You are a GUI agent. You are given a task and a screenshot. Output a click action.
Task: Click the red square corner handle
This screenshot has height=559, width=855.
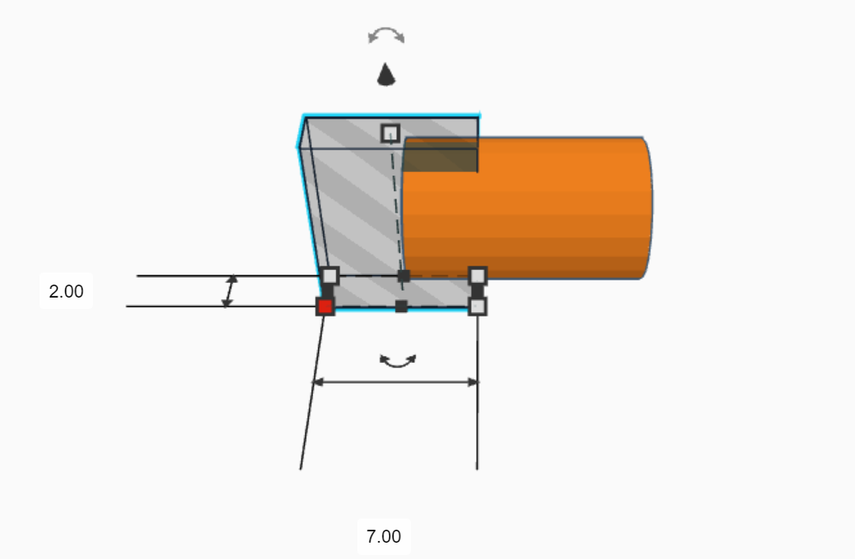(x=325, y=306)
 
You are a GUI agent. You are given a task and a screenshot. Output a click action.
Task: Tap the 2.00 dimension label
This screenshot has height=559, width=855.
(x=66, y=292)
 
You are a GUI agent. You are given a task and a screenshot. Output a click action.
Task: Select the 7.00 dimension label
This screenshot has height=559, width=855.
(x=383, y=537)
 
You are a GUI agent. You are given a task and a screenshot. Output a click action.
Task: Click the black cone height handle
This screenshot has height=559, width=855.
(x=387, y=76)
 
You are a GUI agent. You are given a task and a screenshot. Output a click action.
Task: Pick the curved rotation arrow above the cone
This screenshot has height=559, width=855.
(x=386, y=35)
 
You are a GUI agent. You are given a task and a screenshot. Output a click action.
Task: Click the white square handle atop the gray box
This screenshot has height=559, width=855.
(x=390, y=132)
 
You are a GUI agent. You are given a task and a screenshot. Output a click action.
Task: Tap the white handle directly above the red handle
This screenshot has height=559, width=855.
(x=330, y=276)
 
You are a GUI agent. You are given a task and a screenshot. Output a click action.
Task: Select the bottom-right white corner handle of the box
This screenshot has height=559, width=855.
(x=478, y=306)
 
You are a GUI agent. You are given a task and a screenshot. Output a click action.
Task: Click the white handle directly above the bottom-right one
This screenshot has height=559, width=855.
(x=478, y=275)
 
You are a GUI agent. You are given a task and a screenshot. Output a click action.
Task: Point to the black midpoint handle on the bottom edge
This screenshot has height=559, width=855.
(x=401, y=306)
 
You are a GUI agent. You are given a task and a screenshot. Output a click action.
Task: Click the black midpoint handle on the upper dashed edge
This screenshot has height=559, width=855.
(x=404, y=276)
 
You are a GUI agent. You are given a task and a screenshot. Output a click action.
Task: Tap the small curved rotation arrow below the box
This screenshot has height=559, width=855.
(x=398, y=362)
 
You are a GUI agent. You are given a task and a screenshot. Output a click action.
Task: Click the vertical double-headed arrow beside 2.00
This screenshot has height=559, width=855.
(x=229, y=292)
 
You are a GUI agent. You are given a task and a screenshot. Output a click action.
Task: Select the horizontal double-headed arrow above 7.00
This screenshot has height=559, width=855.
(x=394, y=382)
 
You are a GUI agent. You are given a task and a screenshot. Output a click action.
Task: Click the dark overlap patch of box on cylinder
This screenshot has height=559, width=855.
(x=440, y=155)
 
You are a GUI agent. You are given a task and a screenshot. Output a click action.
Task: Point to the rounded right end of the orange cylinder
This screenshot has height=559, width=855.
(x=647, y=206)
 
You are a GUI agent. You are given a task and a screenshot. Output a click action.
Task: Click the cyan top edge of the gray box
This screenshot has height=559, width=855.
(x=392, y=115)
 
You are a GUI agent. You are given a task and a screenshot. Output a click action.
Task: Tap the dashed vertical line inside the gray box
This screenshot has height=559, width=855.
(x=396, y=206)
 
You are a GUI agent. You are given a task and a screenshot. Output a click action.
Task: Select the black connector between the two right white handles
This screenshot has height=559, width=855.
(x=478, y=291)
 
